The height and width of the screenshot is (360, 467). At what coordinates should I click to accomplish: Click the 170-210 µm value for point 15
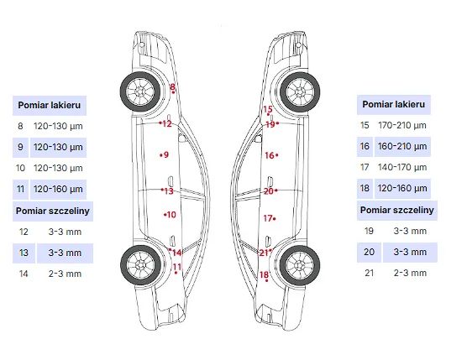[402, 125]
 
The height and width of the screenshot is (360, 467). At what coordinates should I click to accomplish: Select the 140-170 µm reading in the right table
[402, 167]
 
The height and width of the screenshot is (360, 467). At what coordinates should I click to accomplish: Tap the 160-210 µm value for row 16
[402, 146]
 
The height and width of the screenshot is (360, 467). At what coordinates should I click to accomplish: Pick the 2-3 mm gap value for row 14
[65, 274]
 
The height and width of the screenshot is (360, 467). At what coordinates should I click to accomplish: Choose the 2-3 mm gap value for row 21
[410, 273]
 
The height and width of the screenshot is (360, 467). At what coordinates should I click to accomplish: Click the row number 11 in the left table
[20, 189]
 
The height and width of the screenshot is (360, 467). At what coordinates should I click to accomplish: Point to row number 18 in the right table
[365, 188]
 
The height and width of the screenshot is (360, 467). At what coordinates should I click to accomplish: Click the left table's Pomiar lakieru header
[50, 105]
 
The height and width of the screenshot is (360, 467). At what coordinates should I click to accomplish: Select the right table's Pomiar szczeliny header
[396, 210]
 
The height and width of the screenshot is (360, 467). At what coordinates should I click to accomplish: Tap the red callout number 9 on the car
[166, 154]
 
